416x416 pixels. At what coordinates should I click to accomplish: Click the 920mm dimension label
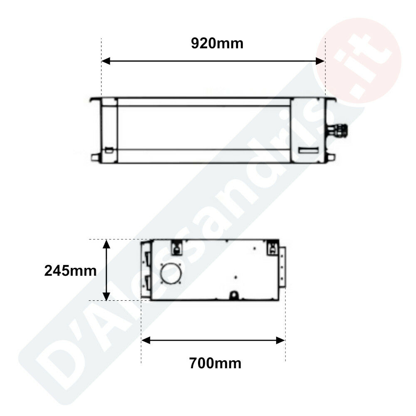217,44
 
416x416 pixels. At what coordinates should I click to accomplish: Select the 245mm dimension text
70,271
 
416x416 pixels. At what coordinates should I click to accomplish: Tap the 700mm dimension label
215,363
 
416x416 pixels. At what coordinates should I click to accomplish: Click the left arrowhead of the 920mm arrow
106,61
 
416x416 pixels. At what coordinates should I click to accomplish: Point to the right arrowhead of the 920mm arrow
320,61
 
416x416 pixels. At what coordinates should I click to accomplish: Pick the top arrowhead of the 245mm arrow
106,244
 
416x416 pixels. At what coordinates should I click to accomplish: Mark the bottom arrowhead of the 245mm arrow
106,296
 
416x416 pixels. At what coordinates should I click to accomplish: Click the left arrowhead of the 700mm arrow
146,340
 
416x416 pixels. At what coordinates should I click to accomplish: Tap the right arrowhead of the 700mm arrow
280,340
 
